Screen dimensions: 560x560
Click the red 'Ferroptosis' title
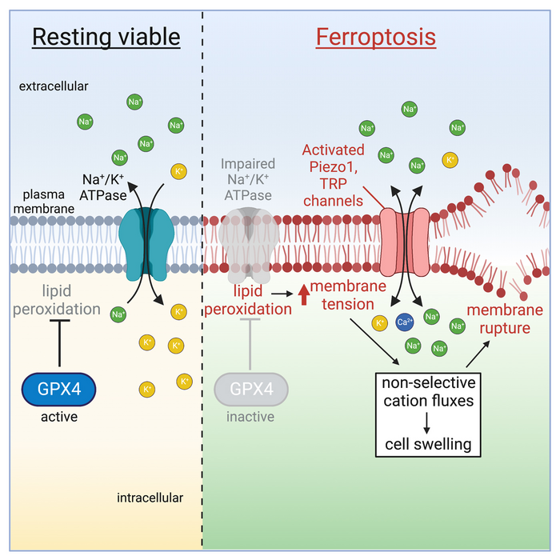376,37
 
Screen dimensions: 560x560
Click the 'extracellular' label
54,85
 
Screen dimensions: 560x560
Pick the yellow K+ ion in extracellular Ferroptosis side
450,160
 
